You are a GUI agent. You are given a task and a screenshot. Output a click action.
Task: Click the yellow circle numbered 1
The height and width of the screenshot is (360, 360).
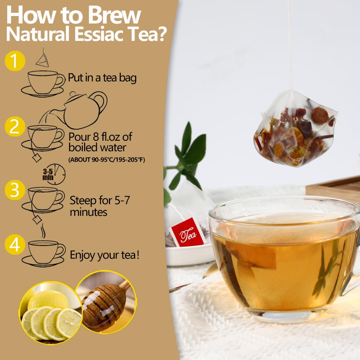pos(15,61)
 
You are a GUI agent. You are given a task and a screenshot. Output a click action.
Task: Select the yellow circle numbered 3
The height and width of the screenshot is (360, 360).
pos(15,190)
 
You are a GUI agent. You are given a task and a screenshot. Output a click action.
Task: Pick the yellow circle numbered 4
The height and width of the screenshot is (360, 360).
pos(15,245)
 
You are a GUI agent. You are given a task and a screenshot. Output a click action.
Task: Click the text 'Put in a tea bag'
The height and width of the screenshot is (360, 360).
pos(102,78)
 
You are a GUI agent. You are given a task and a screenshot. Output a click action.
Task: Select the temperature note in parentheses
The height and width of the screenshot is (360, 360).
pos(107,160)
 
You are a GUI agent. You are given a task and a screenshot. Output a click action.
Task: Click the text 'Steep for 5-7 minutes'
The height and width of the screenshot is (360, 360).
pos(100,206)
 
